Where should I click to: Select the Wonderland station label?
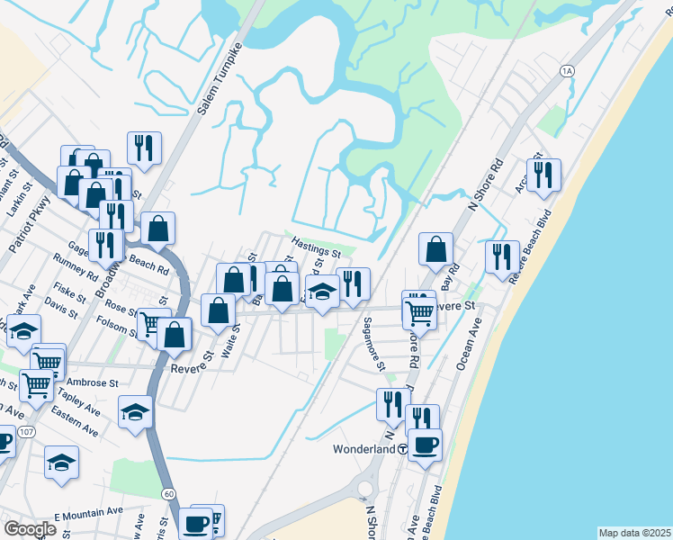[x=364, y=448]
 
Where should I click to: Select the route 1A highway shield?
[x=566, y=70]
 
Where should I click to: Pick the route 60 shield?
[x=168, y=493]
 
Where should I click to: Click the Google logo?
[x=31, y=529]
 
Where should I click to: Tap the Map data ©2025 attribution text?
[x=634, y=533]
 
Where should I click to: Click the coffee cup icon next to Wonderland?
[x=425, y=443]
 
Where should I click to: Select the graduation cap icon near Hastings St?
[x=322, y=292]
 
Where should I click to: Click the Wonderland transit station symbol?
[x=405, y=448]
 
